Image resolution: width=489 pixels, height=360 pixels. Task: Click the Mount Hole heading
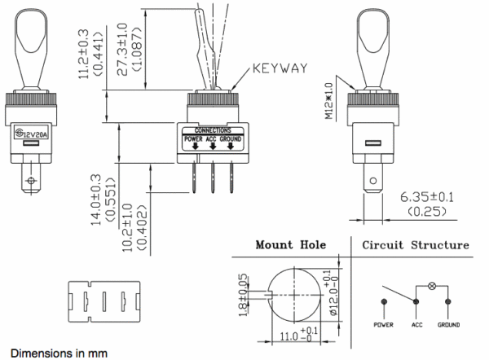[x=289, y=244]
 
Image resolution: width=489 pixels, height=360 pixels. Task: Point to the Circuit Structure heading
[x=416, y=244]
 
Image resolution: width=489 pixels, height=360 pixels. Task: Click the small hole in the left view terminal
[x=31, y=181]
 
